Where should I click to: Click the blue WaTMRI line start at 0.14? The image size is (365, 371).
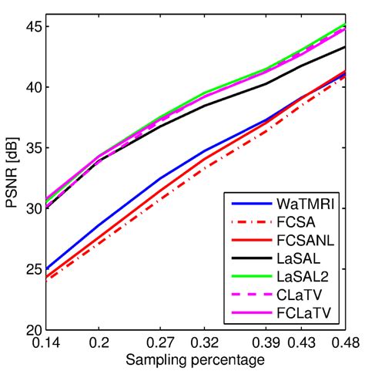[47, 269]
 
